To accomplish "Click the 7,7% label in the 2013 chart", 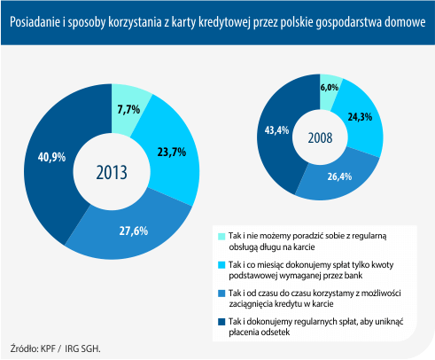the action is tap(128, 110).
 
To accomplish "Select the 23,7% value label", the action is tap(172, 153).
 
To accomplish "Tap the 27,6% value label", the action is tap(134, 231).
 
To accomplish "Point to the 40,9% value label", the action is tap(51, 157).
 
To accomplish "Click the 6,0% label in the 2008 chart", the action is tap(330, 88).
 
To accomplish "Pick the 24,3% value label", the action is tap(360, 117).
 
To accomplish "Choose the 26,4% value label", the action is tap(339, 176).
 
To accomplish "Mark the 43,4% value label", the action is tap(276, 130).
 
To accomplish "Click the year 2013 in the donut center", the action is tap(112, 173).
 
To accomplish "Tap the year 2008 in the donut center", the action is tap(320, 138).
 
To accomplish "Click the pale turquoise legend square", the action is tap(221, 237).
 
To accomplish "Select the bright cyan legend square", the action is tap(221, 265).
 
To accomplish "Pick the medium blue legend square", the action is tap(221, 293).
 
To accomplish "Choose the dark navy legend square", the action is tap(221, 322).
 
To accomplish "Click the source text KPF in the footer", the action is tap(48, 348).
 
